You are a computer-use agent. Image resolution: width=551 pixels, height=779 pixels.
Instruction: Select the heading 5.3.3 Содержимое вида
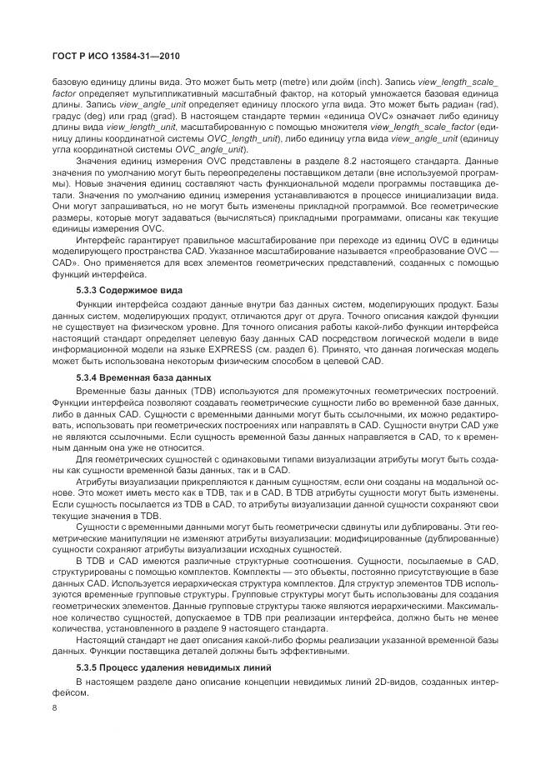[x=126, y=292]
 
